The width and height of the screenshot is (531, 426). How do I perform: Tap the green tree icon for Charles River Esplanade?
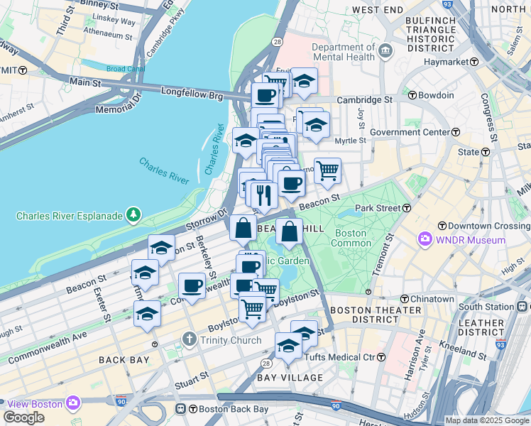[132, 214]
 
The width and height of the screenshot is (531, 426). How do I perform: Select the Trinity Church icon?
[189, 340]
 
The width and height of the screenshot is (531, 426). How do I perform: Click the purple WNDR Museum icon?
[426, 240]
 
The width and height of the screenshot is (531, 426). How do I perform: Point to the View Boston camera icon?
[72, 403]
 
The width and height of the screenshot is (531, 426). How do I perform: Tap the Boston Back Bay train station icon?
[181, 409]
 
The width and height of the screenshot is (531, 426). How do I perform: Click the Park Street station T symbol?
[407, 208]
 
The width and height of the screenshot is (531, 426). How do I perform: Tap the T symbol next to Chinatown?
[405, 299]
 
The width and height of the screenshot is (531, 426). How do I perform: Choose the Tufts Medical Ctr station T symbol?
[381, 356]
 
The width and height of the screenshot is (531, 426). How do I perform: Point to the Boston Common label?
[350, 239]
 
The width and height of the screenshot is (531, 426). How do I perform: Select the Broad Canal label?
[126, 69]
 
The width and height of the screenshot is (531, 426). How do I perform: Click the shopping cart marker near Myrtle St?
[327, 170]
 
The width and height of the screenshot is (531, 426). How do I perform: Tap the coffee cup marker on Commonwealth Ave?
[192, 285]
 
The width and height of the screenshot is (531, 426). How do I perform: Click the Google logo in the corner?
[24, 417]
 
